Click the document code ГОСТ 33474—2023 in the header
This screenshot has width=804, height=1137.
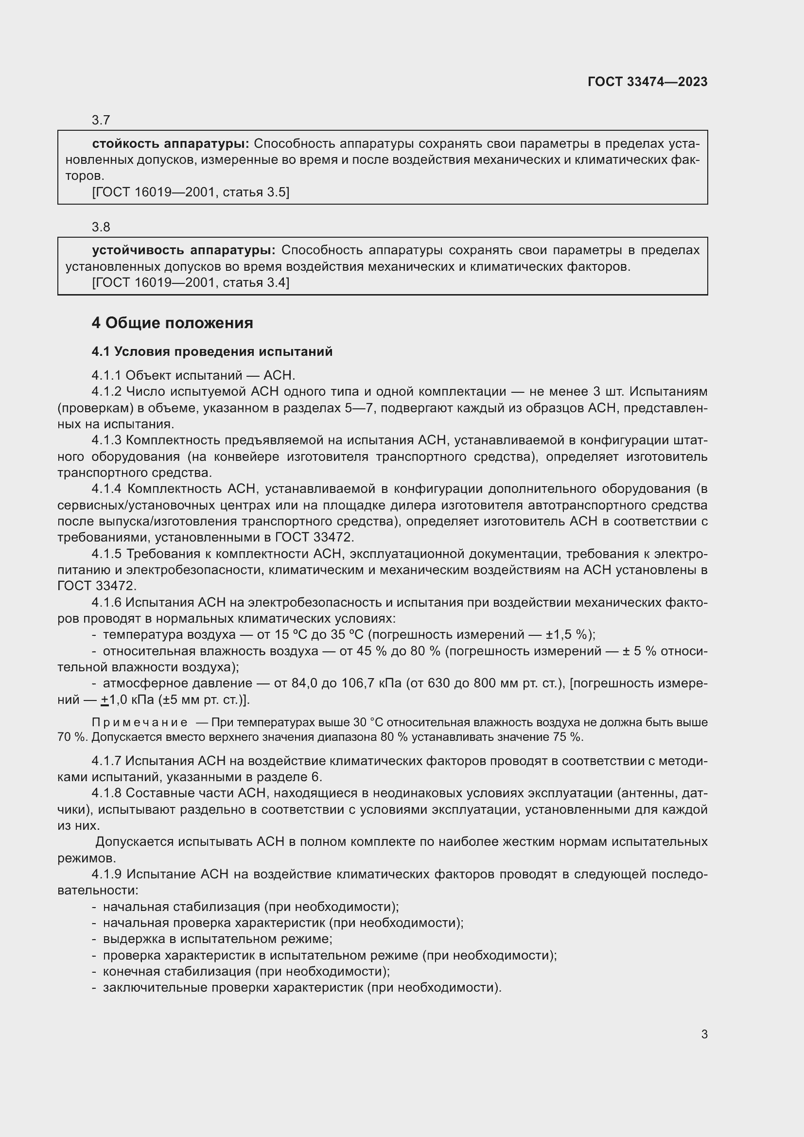tap(647, 82)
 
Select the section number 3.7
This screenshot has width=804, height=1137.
tap(101, 120)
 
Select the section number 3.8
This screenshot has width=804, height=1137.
tap(101, 227)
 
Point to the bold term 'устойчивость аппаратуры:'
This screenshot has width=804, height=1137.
tap(184, 250)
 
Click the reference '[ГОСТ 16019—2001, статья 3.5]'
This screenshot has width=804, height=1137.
tap(191, 192)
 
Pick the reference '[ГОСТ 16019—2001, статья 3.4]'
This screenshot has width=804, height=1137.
tap(191, 282)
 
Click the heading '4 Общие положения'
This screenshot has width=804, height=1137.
tap(172, 323)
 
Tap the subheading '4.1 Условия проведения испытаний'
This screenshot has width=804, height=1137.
tap(212, 351)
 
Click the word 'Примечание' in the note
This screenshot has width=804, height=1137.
tap(140, 722)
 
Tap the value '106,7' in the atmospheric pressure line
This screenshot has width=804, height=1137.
tap(357, 683)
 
